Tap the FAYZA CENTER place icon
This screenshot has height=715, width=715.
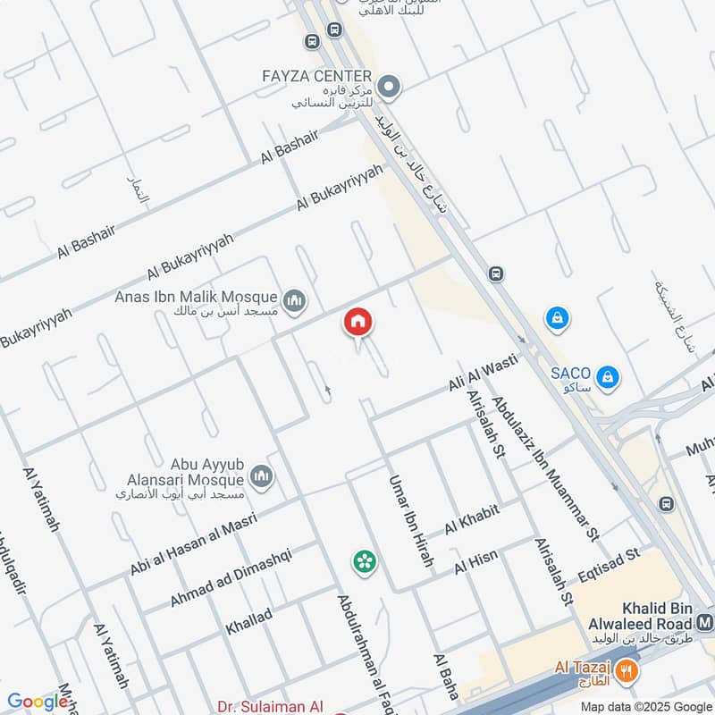tap(389, 87)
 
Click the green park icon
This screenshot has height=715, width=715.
tap(364, 561)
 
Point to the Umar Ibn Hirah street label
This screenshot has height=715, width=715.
tap(410, 521)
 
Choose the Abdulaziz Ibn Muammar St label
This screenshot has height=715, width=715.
tap(544, 470)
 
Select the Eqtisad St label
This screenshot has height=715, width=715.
tap(608, 566)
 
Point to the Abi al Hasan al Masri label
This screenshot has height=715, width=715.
tap(193, 543)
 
